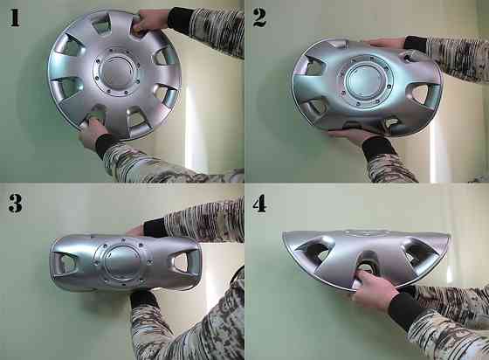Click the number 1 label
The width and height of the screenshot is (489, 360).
click(x=14, y=17)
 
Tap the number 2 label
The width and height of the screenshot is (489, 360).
click(x=258, y=17)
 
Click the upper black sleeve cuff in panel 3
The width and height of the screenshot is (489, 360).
click(x=155, y=227)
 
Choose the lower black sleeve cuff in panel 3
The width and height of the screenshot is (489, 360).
click(x=144, y=299)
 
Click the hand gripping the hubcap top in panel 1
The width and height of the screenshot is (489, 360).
click(x=150, y=21)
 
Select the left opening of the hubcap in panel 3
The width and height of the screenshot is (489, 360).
click(x=64, y=260)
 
